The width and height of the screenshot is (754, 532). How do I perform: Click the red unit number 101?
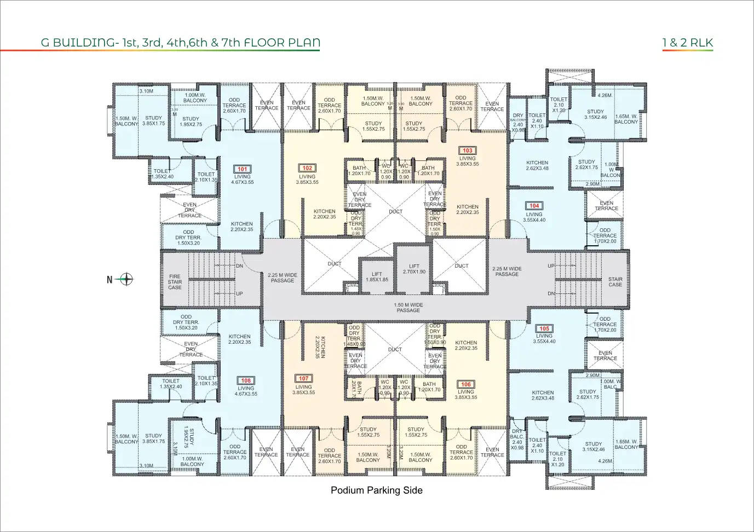tap(242, 169)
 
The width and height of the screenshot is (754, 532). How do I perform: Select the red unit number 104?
tap(534, 206)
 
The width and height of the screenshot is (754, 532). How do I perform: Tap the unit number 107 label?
tap(303, 379)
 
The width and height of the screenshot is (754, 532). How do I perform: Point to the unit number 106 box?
tap(465, 384)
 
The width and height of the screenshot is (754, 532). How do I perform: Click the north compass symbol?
tap(126, 279)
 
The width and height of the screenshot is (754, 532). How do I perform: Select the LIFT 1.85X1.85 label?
tap(377, 277)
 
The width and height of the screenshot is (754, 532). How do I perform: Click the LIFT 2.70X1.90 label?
tap(414, 269)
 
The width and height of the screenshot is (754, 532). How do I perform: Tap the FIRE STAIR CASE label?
tap(175, 282)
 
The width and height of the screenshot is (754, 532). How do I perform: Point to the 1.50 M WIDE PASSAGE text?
tap(408, 308)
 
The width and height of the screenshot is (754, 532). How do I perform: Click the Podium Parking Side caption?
tap(376, 490)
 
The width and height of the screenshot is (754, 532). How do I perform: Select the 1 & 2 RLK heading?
tap(687, 43)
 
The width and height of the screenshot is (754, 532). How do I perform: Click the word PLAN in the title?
tap(303, 43)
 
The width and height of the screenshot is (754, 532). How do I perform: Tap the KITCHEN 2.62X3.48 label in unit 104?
tap(537, 165)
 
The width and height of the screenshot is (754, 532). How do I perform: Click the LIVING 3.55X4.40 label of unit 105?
tap(544, 339)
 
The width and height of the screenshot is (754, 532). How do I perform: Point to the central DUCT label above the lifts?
tap(395, 211)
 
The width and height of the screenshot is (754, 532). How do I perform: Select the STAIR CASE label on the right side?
tap(615, 282)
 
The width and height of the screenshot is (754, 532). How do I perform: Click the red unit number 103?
tap(467, 151)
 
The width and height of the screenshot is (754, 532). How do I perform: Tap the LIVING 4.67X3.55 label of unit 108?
tap(246, 391)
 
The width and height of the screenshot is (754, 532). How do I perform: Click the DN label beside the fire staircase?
tap(239, 266)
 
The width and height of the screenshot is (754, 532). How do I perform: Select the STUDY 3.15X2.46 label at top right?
tap(595, 114)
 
